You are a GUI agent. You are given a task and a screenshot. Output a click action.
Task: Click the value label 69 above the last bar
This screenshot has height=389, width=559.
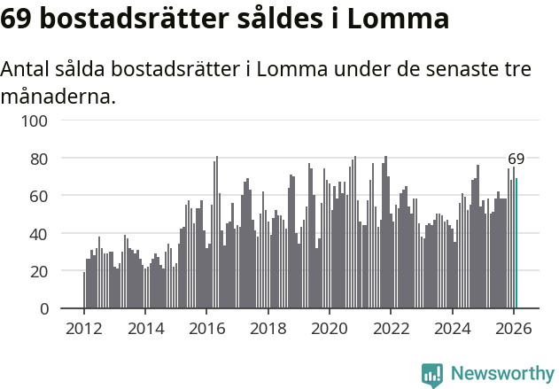516,159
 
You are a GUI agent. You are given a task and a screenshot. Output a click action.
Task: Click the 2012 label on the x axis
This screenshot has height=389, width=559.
84,329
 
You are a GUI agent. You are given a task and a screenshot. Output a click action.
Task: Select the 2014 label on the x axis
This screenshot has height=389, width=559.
145,329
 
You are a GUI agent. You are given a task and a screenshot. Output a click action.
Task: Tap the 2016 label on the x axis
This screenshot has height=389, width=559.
206,329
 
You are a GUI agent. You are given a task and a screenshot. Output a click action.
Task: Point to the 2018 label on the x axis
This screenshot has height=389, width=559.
268,329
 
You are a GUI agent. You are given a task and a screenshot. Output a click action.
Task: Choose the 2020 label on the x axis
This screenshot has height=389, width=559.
330,329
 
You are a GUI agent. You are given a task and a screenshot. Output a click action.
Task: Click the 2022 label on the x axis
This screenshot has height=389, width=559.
391,329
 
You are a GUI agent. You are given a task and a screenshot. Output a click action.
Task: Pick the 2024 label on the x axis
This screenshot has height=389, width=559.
452,329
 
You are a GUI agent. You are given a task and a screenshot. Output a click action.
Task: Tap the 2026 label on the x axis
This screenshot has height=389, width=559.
514,329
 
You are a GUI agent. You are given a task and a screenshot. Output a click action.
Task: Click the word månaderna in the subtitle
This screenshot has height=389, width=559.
58,96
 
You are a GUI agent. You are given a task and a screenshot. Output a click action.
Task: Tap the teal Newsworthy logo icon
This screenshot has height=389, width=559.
432,375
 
